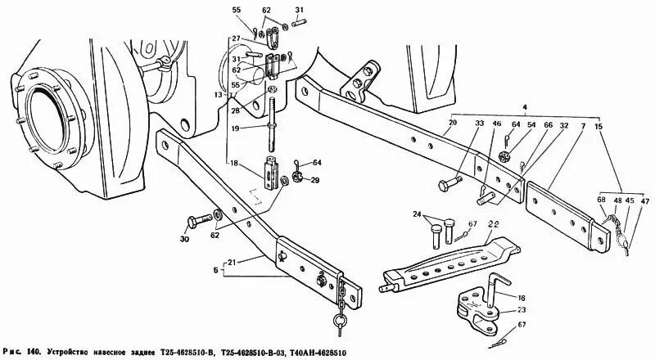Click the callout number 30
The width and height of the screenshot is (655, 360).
tap(183, 239)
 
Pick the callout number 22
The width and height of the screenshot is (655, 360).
tap(494, 224)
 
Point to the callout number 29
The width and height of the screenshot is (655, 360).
tap(314, 179)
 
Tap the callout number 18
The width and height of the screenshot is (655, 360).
tap(235, 164)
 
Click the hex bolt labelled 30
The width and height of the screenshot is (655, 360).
tap(201, 219)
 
